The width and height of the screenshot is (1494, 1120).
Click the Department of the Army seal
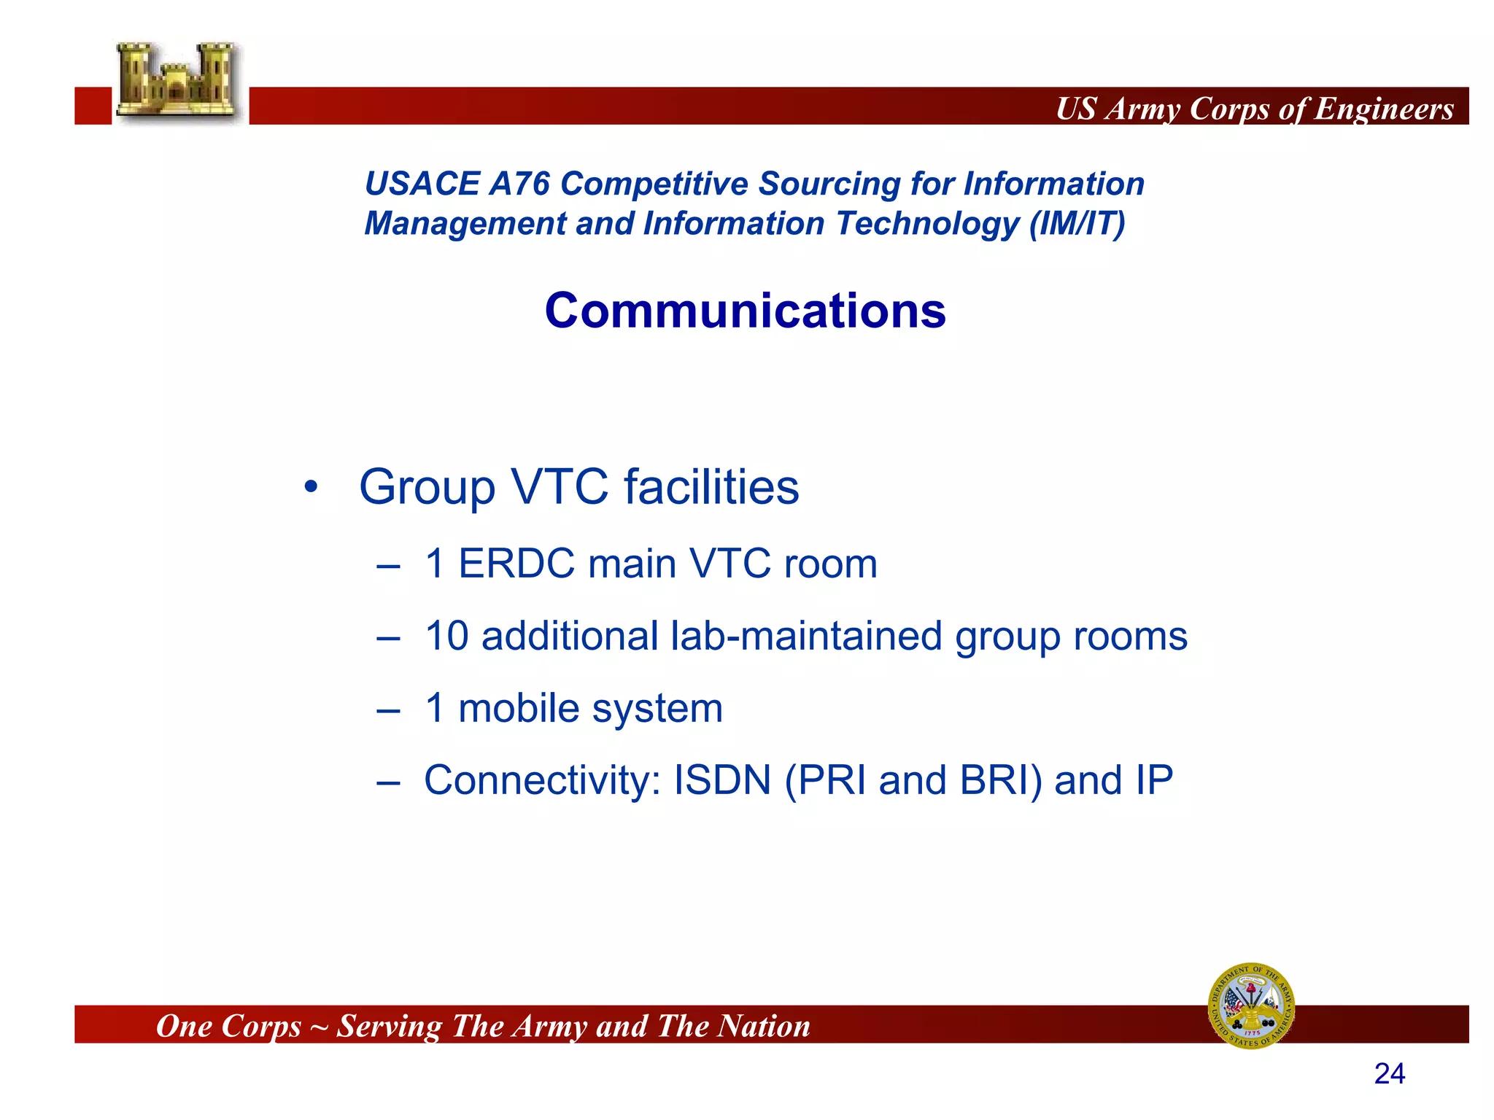point(1251,1006)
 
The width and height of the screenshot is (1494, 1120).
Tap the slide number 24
point(1389,1073)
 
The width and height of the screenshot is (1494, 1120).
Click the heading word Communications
point(745,311)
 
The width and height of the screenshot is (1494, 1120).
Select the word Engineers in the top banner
point(1384,109)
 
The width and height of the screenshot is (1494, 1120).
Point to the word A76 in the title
point(519,184)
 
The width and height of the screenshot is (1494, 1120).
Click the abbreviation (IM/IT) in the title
point(1077,224)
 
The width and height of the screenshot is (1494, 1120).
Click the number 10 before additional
point(446,636)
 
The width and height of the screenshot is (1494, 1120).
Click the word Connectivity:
point(542,780)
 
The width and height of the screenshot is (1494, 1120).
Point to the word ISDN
point(721,780)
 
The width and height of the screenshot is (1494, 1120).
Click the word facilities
point(711,487)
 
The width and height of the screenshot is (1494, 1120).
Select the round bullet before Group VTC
point(311,487)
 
